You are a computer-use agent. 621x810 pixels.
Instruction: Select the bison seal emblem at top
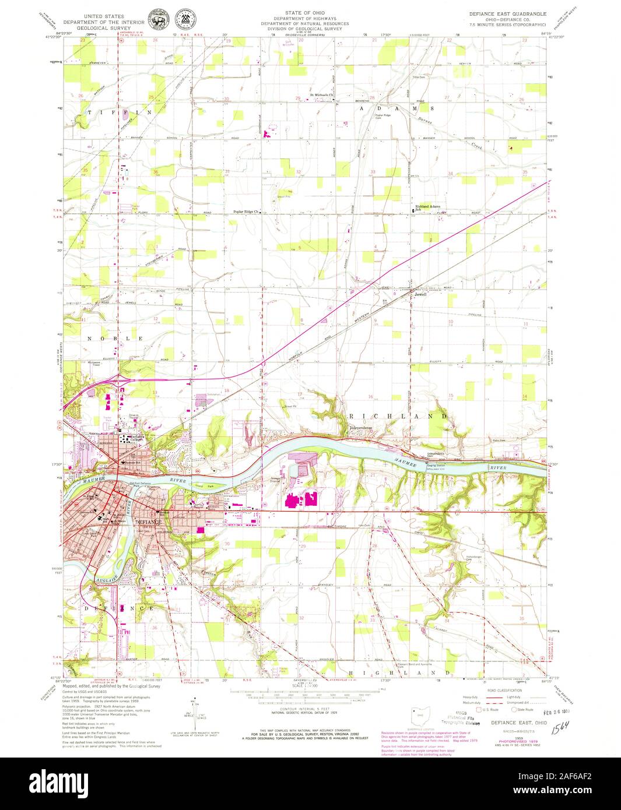coord(156,19)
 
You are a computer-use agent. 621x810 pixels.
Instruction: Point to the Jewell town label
coord(420,294)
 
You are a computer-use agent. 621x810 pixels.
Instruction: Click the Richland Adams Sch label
coord(427,207)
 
